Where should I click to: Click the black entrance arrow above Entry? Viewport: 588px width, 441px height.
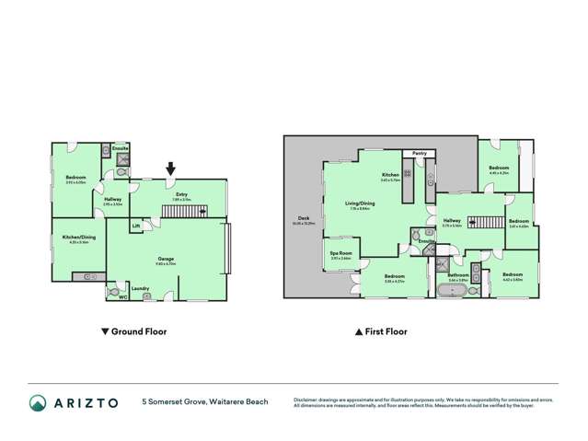pyautogui.click(x=170, y=168)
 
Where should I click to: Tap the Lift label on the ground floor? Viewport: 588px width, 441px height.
pyautogui.click(x=136, y=225)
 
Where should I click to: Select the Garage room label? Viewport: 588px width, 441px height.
pyautogui.click(x=166, y=259)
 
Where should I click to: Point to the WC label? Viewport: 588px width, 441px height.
pyautogui.click(x=122, y=296)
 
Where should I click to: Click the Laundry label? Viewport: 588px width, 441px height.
pyautogui.click(x=141, y=288)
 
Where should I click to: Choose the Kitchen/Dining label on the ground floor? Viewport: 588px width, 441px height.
pyautogui.click(x=77, y=238)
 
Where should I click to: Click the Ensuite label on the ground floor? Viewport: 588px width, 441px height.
pyautogui.click(x=119, y=147)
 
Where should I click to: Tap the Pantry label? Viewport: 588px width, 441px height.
pyautogui.click(x=419, y=153)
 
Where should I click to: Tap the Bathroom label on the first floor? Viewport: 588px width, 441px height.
pyautogui.click(x=458, y=274)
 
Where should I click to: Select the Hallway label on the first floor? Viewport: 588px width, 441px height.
pyautogui.click(x=452, y=220)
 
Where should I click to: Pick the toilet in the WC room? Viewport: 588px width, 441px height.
pyautogui.click(x=113, y=291)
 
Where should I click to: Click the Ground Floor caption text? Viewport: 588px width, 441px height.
pyautogui.click(x=138, y=331)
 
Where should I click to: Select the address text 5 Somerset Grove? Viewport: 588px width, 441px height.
pyautogui.click(x=175, y=401)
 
